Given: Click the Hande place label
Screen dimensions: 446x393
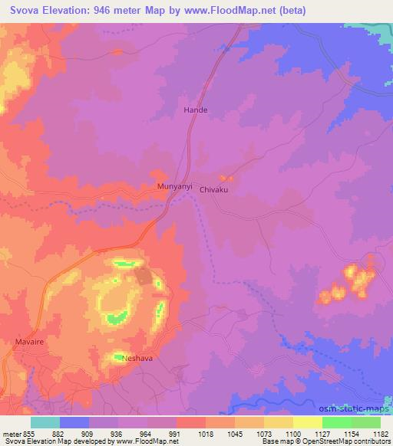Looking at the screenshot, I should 195,110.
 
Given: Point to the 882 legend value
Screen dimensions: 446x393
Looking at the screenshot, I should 60,432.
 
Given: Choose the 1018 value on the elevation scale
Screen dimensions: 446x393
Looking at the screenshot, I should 203,432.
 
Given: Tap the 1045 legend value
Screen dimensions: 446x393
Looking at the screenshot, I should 234,432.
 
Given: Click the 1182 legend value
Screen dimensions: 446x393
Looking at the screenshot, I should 380,432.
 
